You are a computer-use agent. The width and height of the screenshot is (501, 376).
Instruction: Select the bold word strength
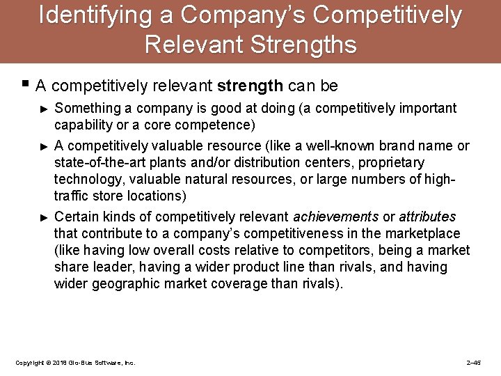(250, 86)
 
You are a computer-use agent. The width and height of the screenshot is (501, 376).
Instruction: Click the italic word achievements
(336, 217)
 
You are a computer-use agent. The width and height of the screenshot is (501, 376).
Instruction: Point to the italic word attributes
(427, 217)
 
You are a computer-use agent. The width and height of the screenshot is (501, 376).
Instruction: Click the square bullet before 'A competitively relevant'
(25, 85)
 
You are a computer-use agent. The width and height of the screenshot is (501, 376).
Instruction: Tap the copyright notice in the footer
(75, 363)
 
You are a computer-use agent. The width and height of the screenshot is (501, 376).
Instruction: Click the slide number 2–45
(473, 363)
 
